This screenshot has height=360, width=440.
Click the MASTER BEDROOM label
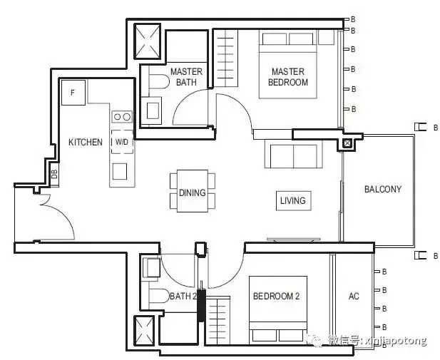point(288,77)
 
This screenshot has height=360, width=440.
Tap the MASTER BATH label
point(186,77)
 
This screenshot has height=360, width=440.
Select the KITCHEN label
point(86,142)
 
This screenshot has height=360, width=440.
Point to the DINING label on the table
point(193,192)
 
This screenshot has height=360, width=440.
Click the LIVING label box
point(294,200)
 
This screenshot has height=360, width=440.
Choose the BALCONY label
point(383,189)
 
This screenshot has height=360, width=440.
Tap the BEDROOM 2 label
point(276,296)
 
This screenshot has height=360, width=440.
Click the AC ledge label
point(354,296)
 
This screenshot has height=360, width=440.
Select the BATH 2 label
point(183,296)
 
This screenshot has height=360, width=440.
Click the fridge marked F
point(73,93)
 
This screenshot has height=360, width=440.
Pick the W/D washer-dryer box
point(122,142)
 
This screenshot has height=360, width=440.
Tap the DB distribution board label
point(55,174)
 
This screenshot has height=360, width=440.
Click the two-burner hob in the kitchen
point(122,117)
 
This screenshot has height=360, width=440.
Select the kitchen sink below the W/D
point(120,171)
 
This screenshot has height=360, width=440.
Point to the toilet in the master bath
point(159,82)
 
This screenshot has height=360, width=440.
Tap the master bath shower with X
point(148,41)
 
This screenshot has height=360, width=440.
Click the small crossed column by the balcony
point(347,143)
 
